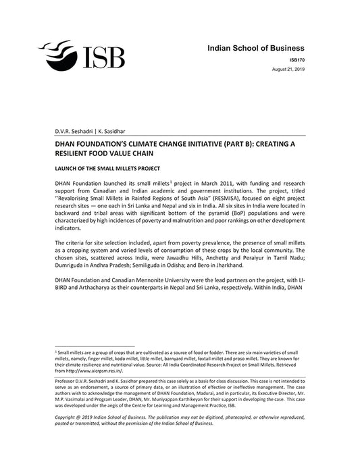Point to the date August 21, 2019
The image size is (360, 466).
288,70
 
